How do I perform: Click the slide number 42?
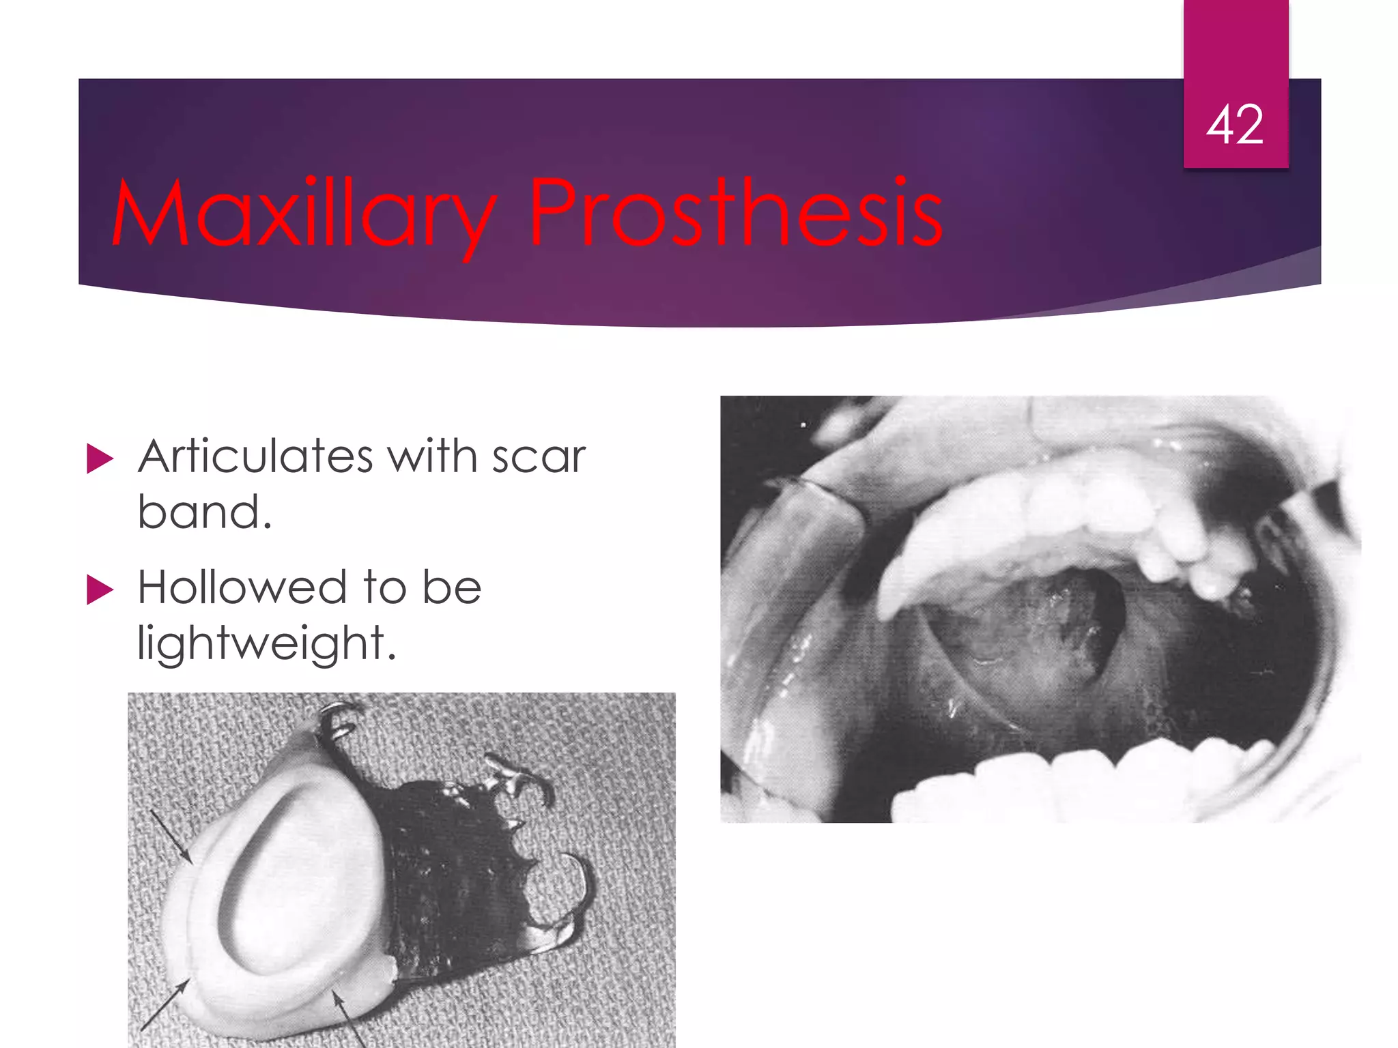click(x=1235, y=125)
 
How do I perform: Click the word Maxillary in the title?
click(x=304, y=213)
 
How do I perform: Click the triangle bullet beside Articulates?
click(x=100, y=458)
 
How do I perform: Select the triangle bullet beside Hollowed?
click(x=100, y=589)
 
